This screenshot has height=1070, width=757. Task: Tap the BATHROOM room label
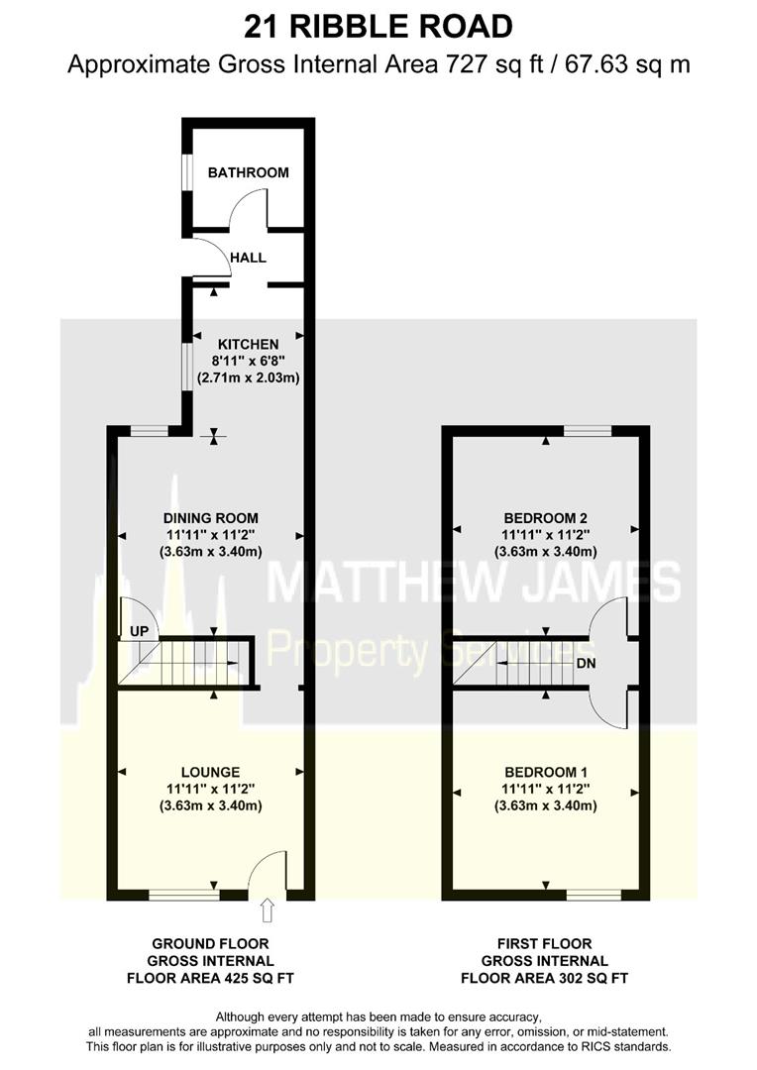[248, 172]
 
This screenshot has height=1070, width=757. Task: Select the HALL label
[248, 258]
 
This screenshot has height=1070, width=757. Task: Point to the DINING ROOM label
[210, 517]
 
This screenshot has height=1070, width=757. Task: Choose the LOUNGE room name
[210, 772]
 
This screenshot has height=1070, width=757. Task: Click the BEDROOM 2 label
[545, 517]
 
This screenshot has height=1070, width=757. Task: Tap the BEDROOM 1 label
[545, 772]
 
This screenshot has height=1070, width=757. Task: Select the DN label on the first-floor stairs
[586, 664]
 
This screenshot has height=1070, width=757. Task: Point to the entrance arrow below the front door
[268, 909]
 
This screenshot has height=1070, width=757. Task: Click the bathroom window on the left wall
[185, 172]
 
